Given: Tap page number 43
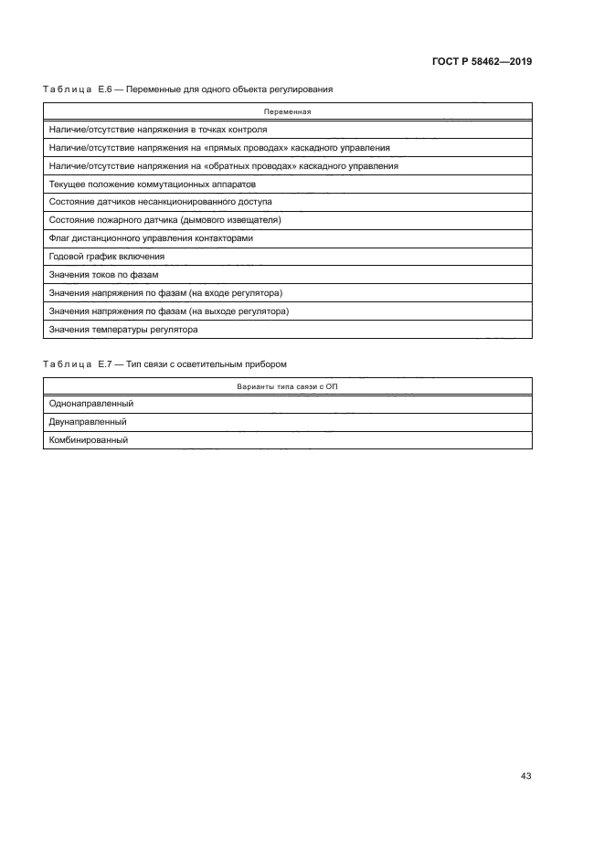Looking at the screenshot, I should tap(525, 775).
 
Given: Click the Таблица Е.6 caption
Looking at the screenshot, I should tap(187, 90).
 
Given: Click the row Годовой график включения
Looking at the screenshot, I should tap(107, 257).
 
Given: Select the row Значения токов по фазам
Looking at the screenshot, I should tap(104, 275).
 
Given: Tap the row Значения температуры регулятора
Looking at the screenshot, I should tap(123, 329).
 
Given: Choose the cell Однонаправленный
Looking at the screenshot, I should tap(89, 404).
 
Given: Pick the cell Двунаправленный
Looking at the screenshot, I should tap(87, 422).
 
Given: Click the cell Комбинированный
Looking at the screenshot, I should tap(88, 439).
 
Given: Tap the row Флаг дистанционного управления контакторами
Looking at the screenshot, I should tap(151, 238).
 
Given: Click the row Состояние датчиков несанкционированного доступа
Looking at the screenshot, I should tap(160, 202).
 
